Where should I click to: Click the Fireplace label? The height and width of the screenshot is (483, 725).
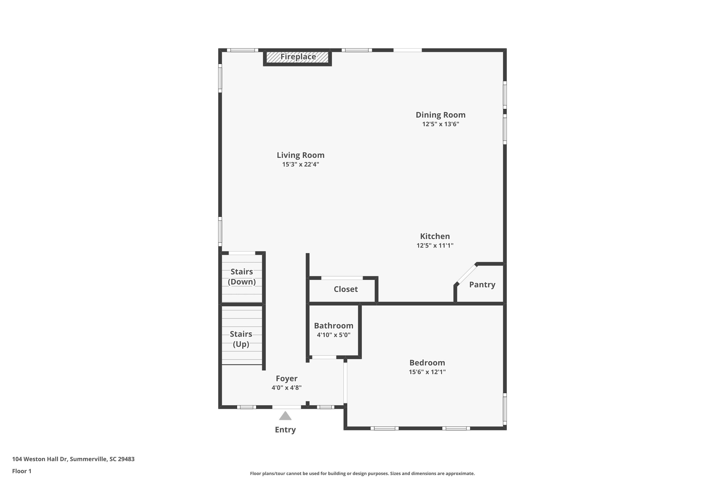298,57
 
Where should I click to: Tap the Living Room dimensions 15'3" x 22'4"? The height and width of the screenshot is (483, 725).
301,164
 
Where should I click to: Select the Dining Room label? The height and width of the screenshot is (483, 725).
441,115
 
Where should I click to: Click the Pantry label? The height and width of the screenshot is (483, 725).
482,285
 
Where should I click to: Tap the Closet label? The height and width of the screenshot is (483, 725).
346,289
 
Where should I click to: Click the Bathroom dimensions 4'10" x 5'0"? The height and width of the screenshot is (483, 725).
333,335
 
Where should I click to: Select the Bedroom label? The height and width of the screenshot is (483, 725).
427,362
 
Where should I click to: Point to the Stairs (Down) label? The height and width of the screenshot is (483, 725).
242,277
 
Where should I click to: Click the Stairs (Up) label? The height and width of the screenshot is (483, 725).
241,339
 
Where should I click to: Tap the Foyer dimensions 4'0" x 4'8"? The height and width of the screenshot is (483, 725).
286,388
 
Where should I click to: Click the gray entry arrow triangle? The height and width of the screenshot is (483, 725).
285,416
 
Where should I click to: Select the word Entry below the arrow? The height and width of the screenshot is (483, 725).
285,430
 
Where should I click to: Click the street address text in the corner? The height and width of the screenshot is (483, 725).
73,459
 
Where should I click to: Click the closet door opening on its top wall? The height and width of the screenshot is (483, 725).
342,278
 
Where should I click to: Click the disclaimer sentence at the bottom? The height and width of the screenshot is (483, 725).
362,473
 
